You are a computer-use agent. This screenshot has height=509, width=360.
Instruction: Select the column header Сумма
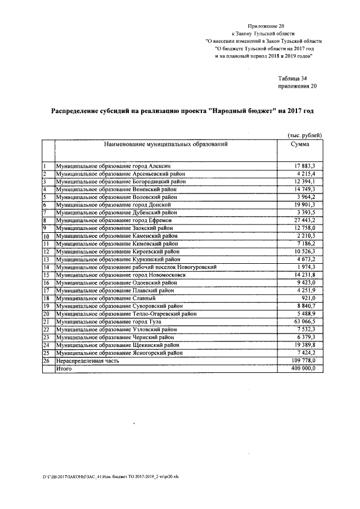coord(299,145)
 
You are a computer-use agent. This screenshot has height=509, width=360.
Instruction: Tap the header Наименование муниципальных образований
coord(165,145)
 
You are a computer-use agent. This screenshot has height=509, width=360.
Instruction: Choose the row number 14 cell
coord(47,267)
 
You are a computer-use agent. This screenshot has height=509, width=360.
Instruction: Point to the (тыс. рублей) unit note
coord(305,136)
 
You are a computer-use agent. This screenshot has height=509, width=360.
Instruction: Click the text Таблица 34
coord(292,78)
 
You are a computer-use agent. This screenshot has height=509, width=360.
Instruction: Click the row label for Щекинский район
coord(118,345)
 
